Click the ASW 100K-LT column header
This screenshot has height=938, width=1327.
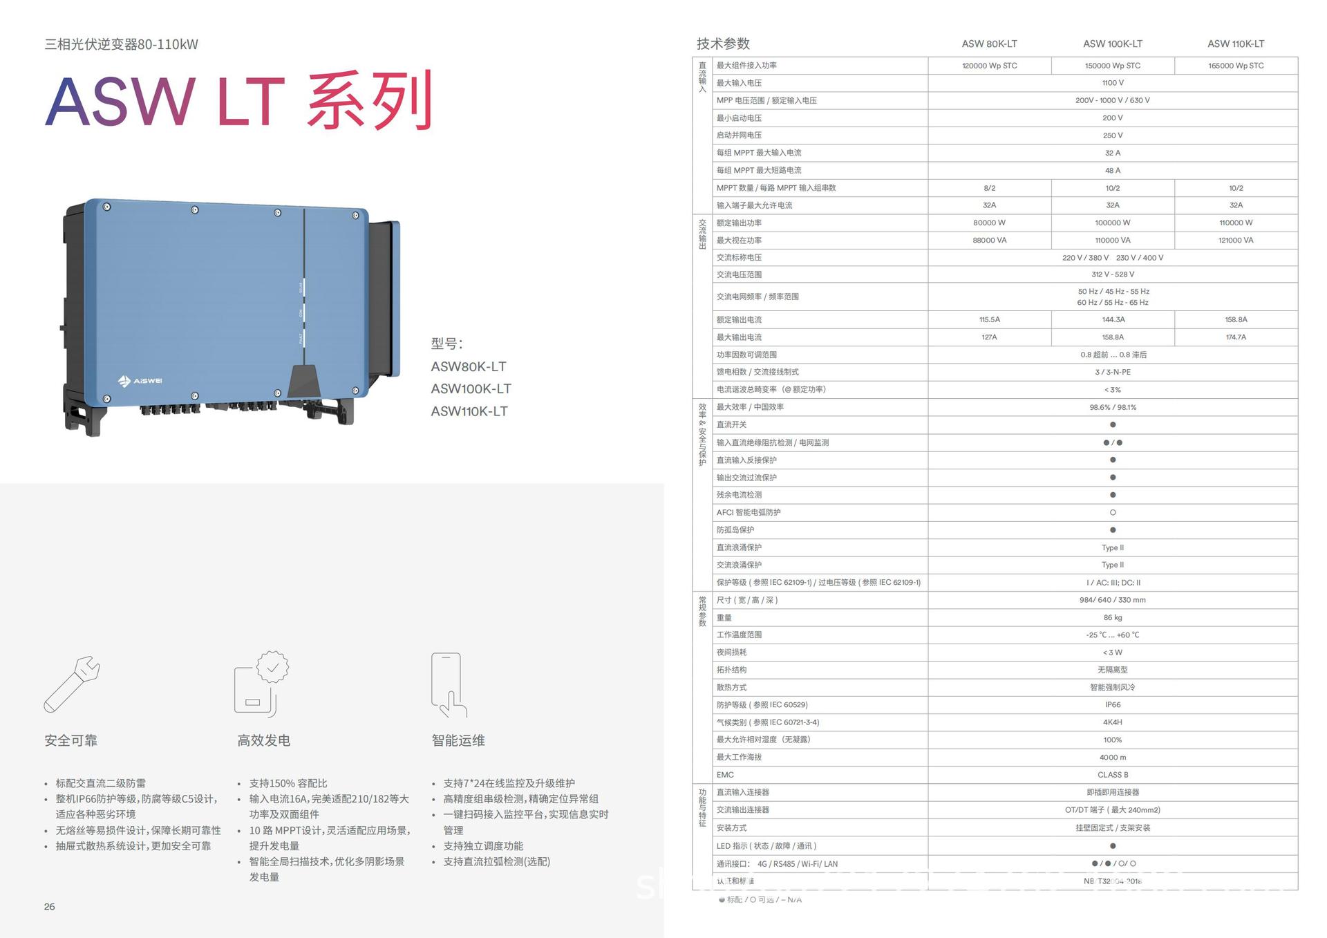1112,44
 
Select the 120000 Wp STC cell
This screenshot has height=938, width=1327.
989,66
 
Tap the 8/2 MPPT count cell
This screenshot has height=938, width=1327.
989,188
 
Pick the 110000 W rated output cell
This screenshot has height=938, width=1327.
1236,223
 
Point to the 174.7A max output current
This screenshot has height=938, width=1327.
1236,337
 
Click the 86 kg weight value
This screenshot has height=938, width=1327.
1112,617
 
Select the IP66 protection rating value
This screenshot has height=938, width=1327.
1112,705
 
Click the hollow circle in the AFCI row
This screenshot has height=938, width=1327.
1112,512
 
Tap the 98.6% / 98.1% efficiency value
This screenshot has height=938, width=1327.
1112,407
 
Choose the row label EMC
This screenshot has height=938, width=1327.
725,775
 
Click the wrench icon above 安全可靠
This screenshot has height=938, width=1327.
72,684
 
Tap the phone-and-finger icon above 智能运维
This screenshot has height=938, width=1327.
449,685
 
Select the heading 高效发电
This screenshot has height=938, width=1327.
263,740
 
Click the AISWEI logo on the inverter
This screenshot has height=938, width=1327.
140,381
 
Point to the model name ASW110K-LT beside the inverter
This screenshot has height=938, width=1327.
469,411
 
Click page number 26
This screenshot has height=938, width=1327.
49,906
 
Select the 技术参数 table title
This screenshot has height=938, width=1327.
723,44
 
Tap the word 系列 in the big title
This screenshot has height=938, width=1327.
370,101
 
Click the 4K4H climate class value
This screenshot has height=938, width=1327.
1112,722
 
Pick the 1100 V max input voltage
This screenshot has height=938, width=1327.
1112,83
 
